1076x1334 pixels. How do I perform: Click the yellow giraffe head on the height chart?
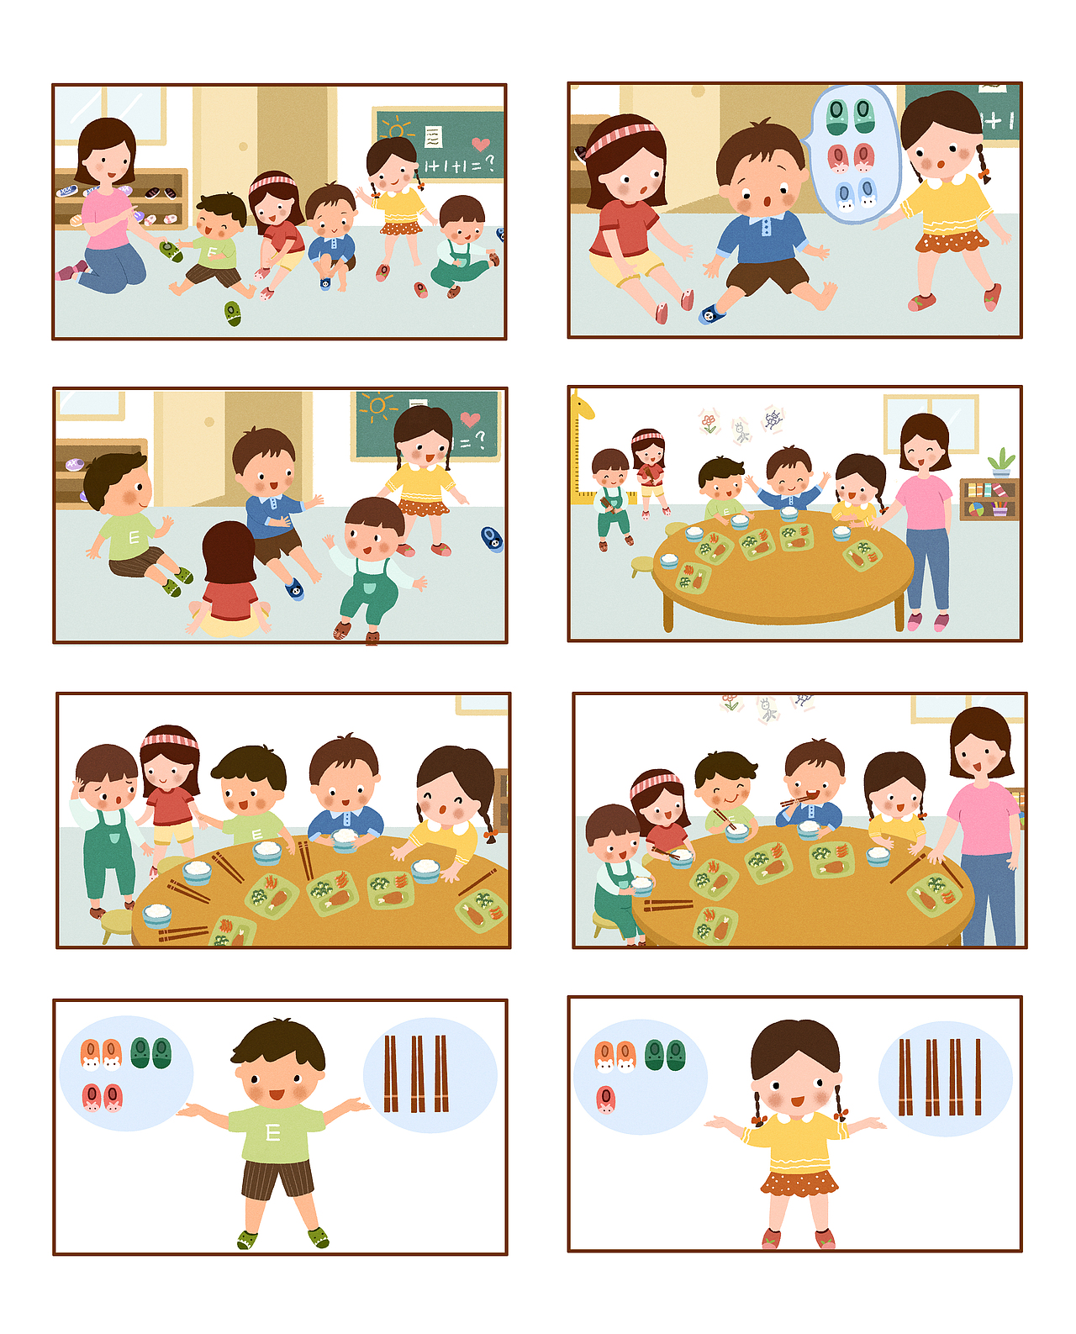point(583,406)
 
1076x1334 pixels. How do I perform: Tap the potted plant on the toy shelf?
point(1000,463)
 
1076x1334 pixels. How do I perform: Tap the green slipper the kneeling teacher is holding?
point(171,250)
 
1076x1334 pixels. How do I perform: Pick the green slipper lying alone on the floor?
point(233,314)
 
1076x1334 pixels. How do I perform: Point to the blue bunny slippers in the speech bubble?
point(857,195)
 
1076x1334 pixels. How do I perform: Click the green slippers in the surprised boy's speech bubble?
point(850,115)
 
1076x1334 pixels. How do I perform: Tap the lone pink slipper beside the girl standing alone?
point(605,1099)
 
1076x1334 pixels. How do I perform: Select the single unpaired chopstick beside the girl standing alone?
point(978,1077)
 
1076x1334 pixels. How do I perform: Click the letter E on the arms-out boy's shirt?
point(272,1133)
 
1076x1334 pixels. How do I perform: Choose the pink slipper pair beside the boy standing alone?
point(102,1097)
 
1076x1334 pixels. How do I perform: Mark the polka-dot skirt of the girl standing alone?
point(799,1184)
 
